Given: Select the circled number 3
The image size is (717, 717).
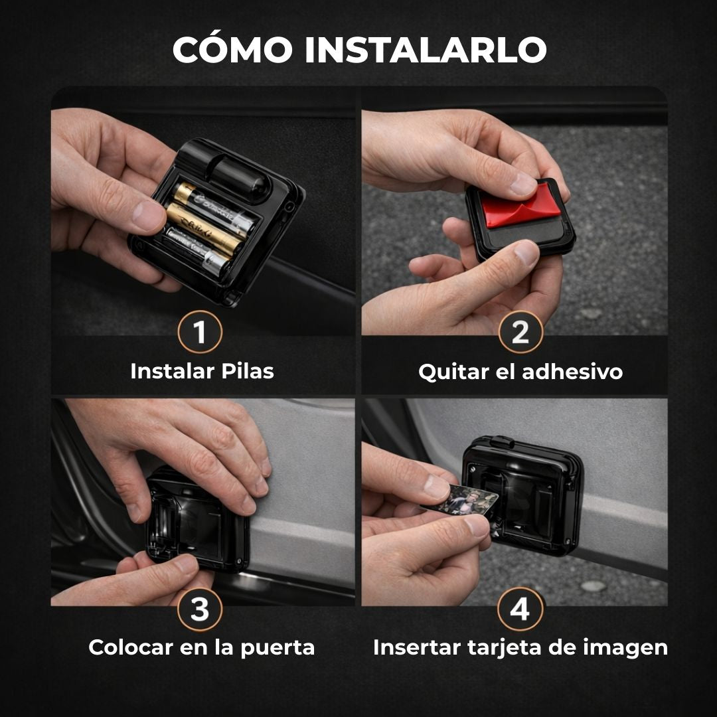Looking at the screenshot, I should (200, 609).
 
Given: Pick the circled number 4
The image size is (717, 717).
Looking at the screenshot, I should (520, 609).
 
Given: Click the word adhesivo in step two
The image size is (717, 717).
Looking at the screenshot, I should (572, 372).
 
